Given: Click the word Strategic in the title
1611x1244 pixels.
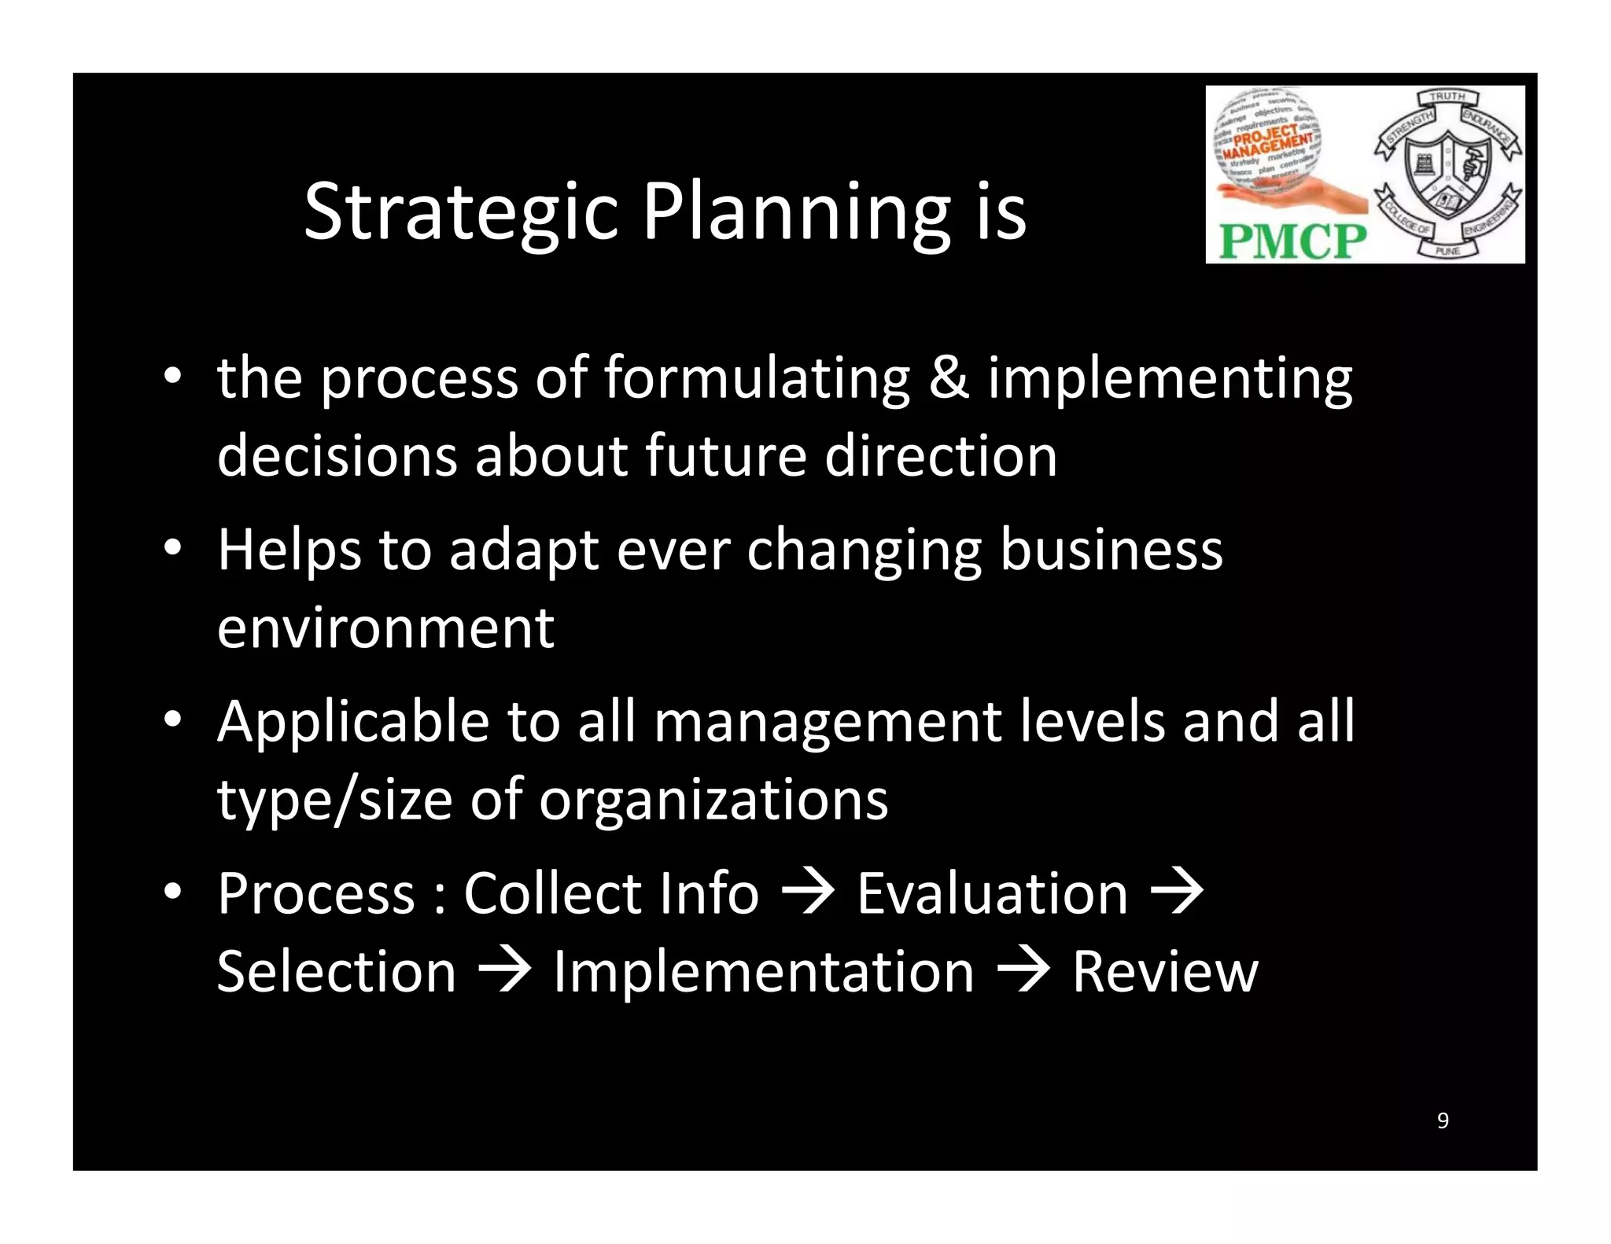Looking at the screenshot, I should [x=461, y=212].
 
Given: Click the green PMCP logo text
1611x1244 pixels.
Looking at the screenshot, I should [x=1292, y=241].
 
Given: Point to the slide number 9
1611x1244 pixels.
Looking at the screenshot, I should [x=1443, y=1121].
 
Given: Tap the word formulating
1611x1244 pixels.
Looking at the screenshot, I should [x=757, y=379].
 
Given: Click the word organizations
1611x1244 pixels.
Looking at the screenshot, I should [x=713, y=801].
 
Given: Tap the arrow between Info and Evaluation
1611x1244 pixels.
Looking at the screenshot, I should [x=807, y=893].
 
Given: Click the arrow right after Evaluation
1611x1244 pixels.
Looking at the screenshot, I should [x=1177, y=893].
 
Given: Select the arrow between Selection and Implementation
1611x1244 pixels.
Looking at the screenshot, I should [x=505, y=972].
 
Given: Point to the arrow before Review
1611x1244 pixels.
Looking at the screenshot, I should [x=1023, y=972].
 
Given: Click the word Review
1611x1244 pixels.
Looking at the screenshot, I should [x=1165, y=972].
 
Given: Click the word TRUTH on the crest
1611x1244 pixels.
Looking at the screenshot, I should [x=1447, y=96].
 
